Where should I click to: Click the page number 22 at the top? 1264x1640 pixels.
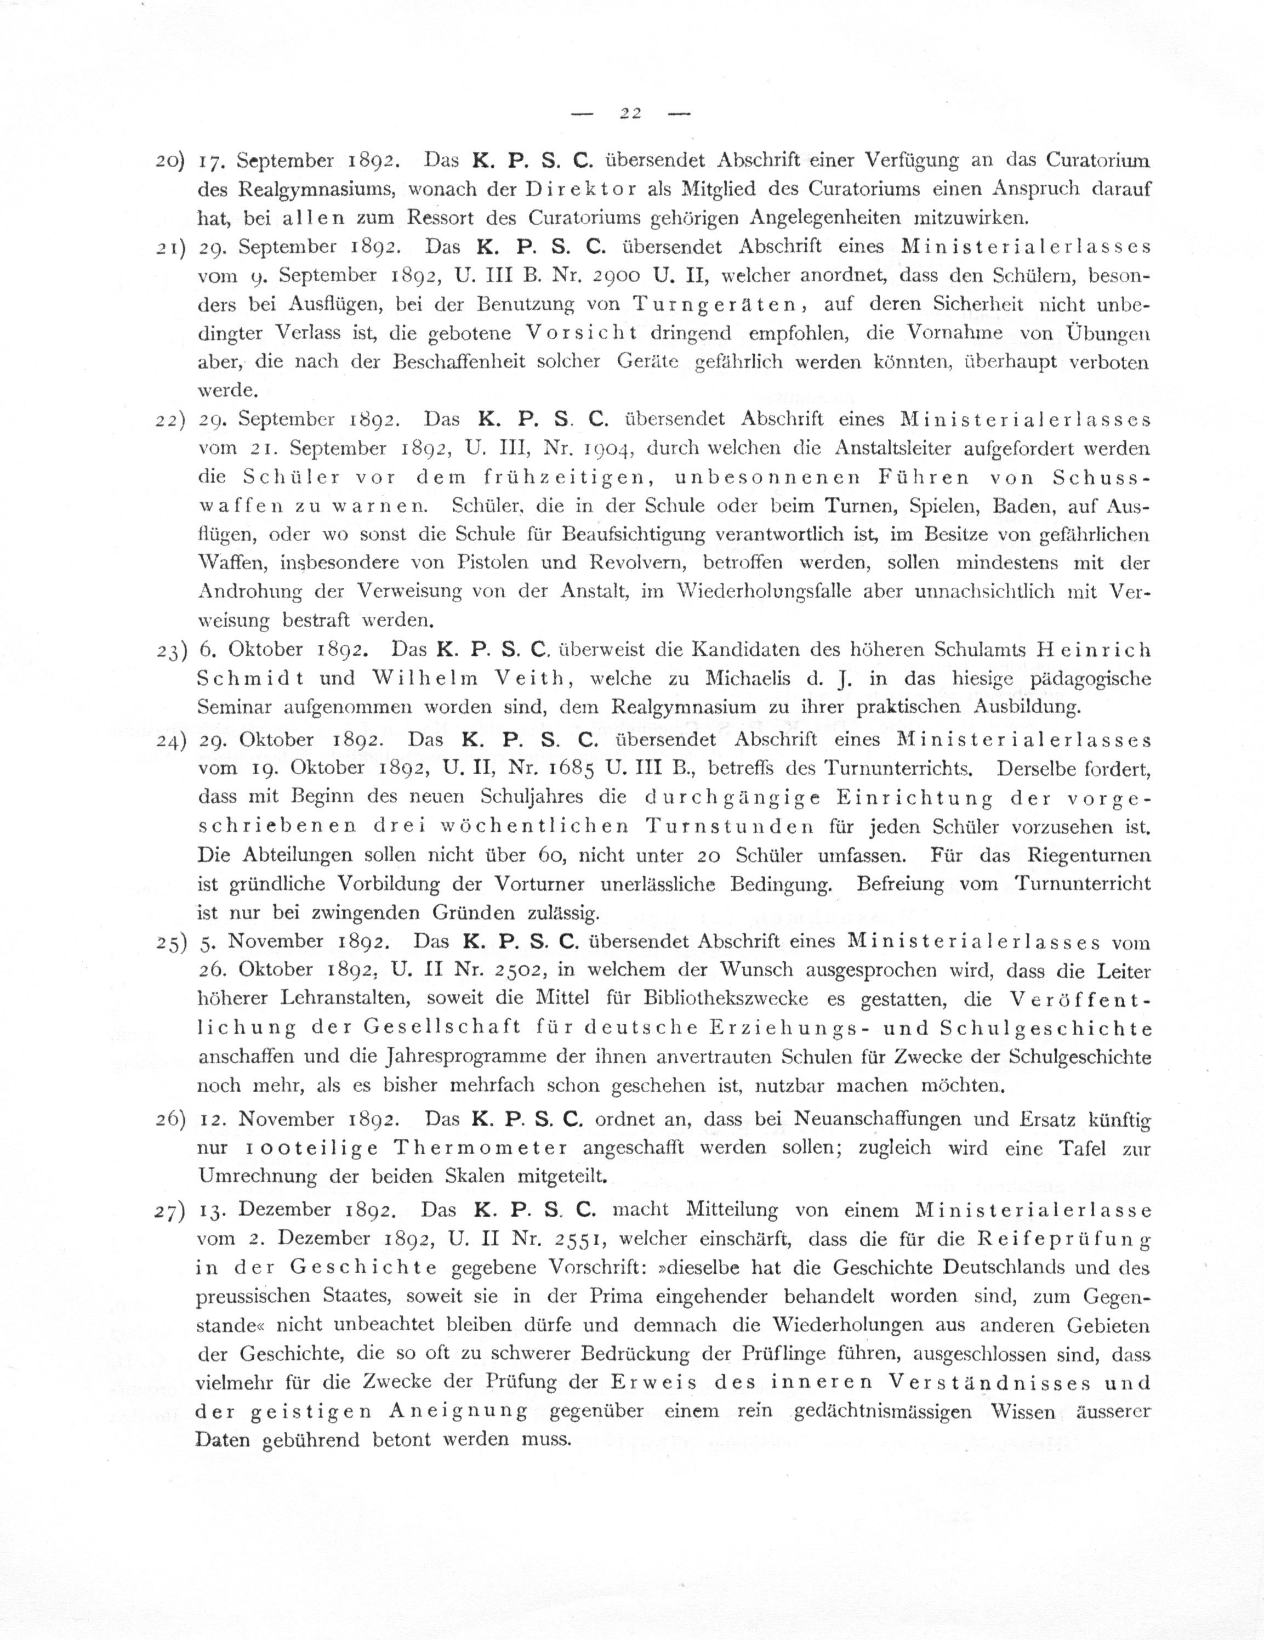(630, 114)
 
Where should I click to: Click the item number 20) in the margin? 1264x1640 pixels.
(171, 161)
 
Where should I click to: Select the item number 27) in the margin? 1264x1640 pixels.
(170, 1212)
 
